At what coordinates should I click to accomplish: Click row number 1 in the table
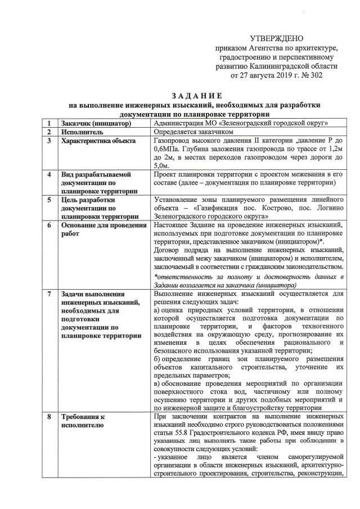[50, 123]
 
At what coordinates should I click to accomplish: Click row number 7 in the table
[50, 294]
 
